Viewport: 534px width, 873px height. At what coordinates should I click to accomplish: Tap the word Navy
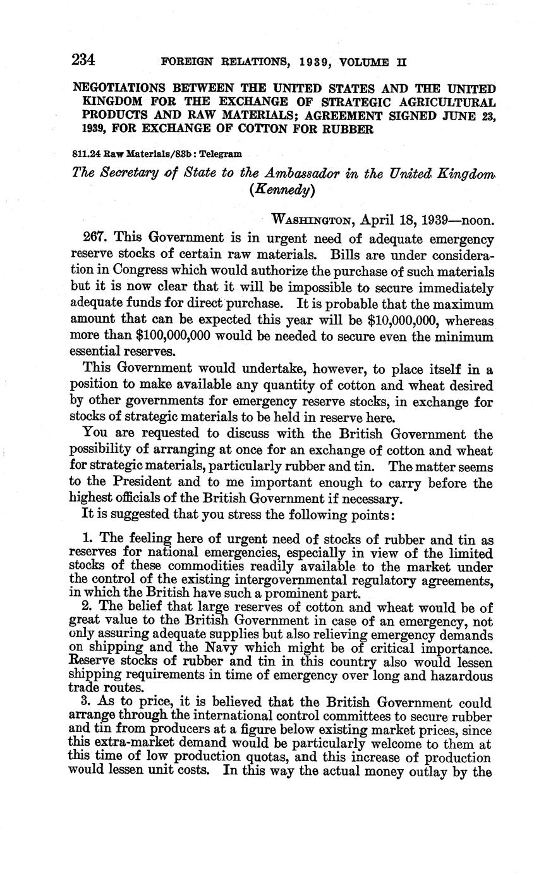coord(225,649)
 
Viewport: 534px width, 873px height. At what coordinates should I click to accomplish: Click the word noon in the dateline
coord(475,220)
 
